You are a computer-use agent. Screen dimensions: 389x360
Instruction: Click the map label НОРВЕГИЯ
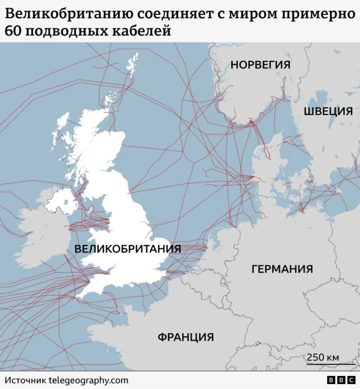pos(260,65)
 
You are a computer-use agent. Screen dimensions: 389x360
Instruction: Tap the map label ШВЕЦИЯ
pos(328,111)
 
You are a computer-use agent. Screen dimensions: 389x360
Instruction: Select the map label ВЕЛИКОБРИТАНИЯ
pos(127,249)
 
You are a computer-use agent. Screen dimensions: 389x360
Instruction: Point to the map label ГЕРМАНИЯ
pos(282,269)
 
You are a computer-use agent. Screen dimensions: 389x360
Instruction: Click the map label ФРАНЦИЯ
pos(186,337)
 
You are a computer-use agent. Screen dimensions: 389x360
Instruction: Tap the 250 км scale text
pos(323,357)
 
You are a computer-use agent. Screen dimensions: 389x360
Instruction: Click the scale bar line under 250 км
pos(323,365)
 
